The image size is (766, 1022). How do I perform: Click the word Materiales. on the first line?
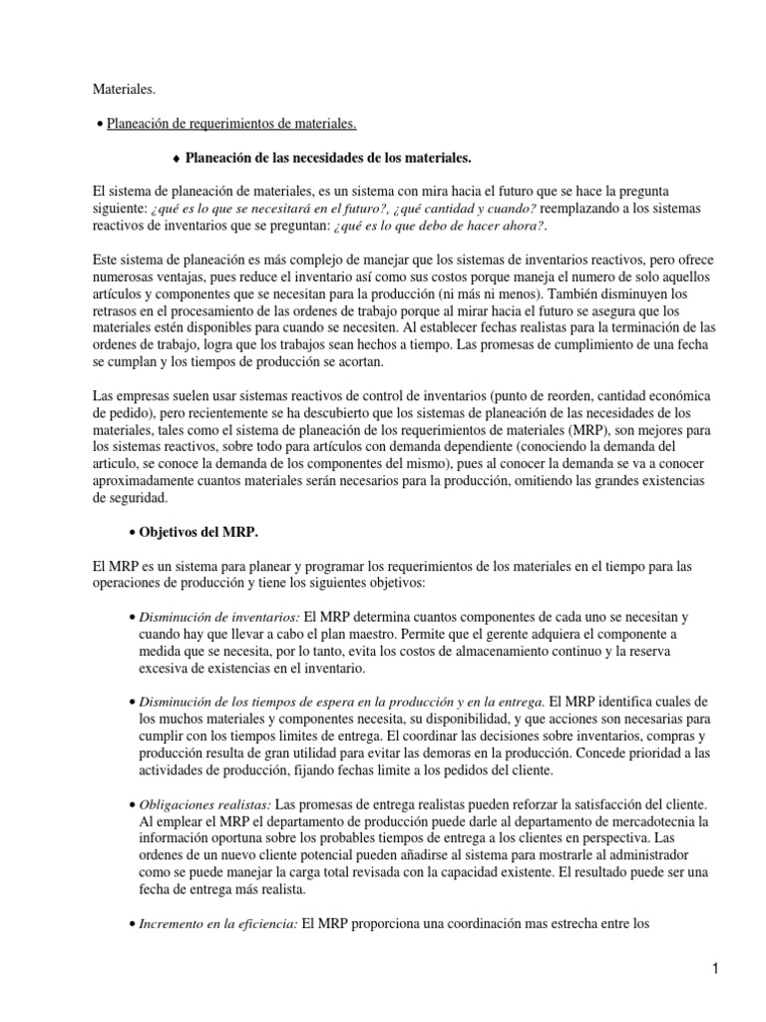123,90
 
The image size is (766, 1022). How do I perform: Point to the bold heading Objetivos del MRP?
194,532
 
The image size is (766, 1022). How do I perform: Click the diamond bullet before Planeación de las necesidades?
176,158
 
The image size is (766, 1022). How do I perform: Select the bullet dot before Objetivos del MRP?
135,533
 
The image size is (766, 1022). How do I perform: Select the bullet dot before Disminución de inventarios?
135,618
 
